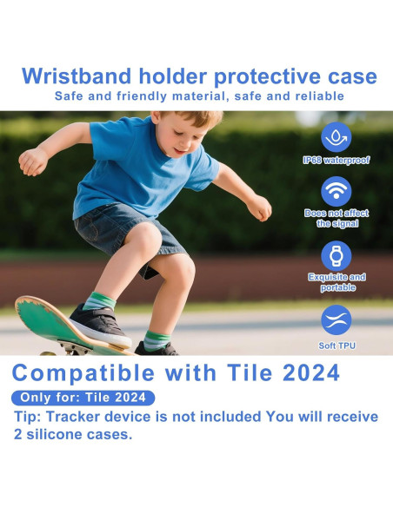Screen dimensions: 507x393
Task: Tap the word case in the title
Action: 352,76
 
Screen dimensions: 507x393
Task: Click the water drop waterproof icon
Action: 336,136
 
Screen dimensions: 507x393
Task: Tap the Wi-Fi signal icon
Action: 336,192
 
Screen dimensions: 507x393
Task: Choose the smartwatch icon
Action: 336,255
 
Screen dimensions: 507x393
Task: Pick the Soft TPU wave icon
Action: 336,319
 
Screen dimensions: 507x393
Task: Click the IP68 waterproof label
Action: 336,161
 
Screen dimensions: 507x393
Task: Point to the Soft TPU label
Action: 336,345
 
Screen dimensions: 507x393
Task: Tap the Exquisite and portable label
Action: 336,282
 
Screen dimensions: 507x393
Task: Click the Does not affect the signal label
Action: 336,218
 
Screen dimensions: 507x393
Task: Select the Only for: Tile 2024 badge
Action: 83,398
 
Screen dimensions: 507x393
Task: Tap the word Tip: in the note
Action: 30,417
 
